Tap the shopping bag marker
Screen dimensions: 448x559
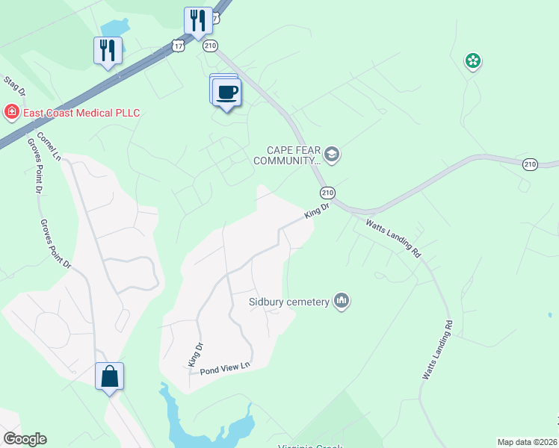pos(109,376)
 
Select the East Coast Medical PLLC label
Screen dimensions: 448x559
pos(81,113)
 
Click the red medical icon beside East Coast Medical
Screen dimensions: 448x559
pos(12,113)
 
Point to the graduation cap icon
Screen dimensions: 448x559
pos(332,155)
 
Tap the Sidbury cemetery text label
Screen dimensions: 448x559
pos(289,302)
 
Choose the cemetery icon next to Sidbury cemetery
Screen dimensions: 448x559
pos(342,301)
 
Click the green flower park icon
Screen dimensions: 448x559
pos(472,61)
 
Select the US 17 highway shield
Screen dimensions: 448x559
pos(178,46)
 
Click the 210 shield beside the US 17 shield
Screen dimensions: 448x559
pos(210,46)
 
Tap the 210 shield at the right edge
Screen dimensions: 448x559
pos(530,164)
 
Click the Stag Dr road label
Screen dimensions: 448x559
pos(16,85)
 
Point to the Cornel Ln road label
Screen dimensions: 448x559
pos(49,146)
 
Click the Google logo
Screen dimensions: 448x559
pos(25,439)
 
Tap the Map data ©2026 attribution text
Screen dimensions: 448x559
pos(526,442)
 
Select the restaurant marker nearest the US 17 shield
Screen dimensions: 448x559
pos(198,21)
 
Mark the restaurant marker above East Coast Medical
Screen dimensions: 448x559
pos(107,50)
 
